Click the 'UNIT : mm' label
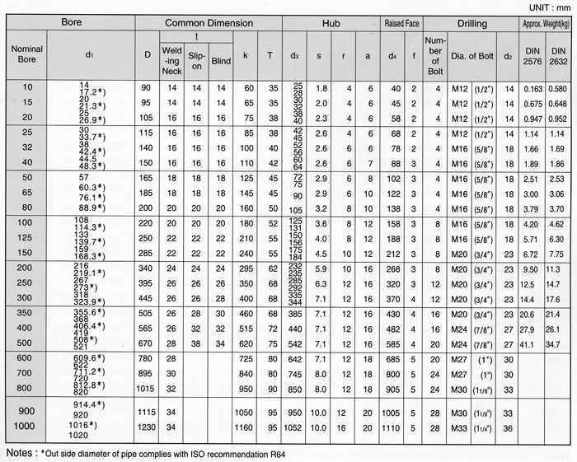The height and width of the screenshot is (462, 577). tap(543, 7)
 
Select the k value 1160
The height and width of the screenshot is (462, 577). tap(247, 427)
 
